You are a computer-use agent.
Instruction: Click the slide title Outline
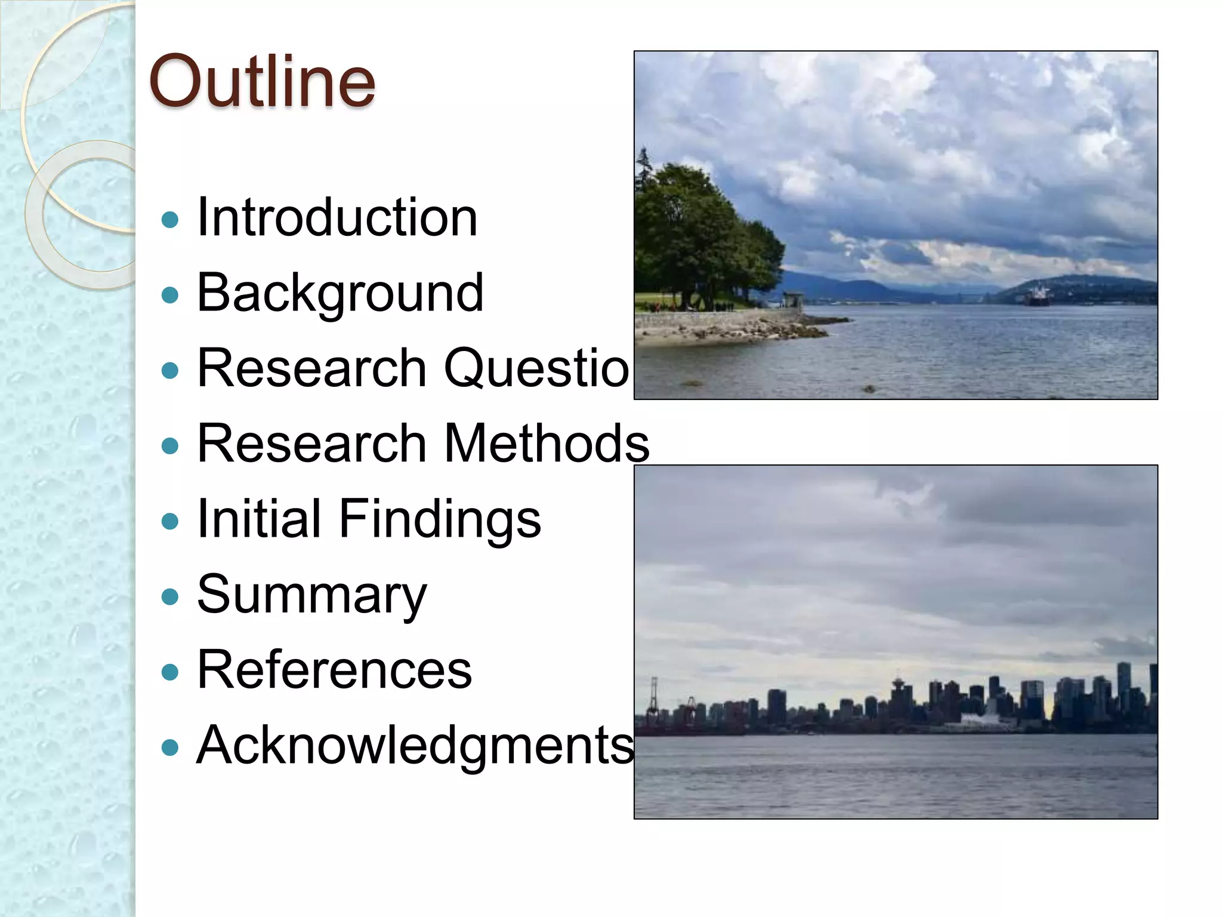263,81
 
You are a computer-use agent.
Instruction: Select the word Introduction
337,218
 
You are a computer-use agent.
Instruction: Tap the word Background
340,293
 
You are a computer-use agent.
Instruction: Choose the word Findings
440,519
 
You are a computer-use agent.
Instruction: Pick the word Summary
311,595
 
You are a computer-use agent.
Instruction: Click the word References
334,670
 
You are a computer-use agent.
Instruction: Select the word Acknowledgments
415,745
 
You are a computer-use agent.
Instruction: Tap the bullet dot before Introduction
170,220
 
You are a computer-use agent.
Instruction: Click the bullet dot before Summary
170,596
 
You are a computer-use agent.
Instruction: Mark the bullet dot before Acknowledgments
170,747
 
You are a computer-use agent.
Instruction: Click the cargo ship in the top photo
1038,296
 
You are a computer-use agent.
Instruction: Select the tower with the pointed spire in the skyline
898,687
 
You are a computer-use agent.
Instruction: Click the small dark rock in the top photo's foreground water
869,389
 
